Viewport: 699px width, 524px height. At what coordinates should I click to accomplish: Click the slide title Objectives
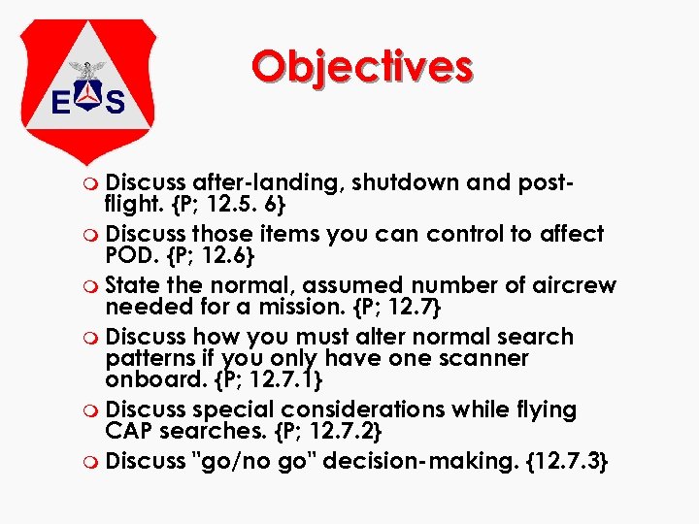click(361, 67)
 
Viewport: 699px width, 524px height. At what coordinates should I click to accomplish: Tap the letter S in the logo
click(116, 101)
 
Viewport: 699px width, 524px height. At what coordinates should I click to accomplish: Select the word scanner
click(485, 358)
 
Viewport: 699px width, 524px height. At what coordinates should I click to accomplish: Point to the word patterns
click(150, 358)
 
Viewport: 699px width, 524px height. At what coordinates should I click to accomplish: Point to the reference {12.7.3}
click(564, 461)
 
